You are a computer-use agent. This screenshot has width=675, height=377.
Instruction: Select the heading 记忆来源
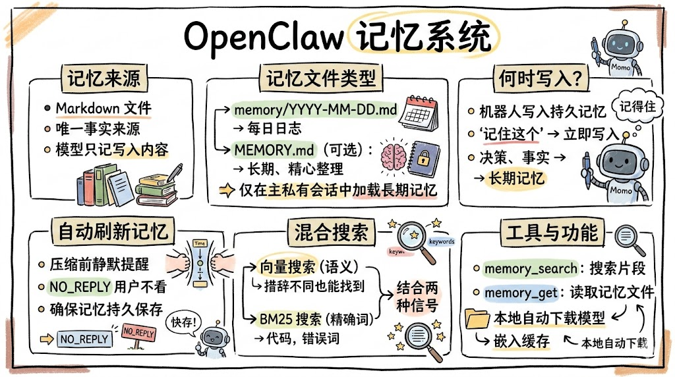click(103, 78)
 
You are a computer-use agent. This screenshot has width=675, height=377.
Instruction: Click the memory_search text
click(525, 269)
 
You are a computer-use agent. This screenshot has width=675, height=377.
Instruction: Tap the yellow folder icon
click(477, 320)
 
